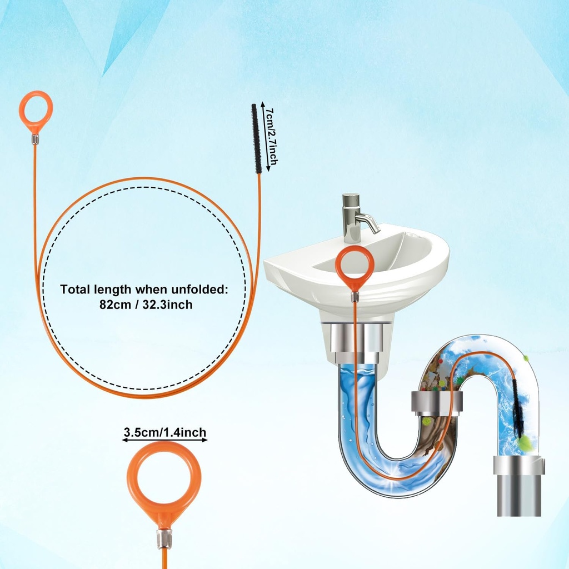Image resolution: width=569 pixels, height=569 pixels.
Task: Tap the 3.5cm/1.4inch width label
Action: click(x=164, y=432)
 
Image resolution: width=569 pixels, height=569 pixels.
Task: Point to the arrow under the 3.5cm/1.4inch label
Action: click(x=164, y=440)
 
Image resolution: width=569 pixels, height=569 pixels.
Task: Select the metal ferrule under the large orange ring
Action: click(x=164, y=538)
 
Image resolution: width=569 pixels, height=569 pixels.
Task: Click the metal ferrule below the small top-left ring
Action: click(x=35, y=139)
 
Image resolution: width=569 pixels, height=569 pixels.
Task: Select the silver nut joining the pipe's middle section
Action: click(x=437, y=402)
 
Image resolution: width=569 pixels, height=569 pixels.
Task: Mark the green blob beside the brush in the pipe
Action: click(x=523, y=442)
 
